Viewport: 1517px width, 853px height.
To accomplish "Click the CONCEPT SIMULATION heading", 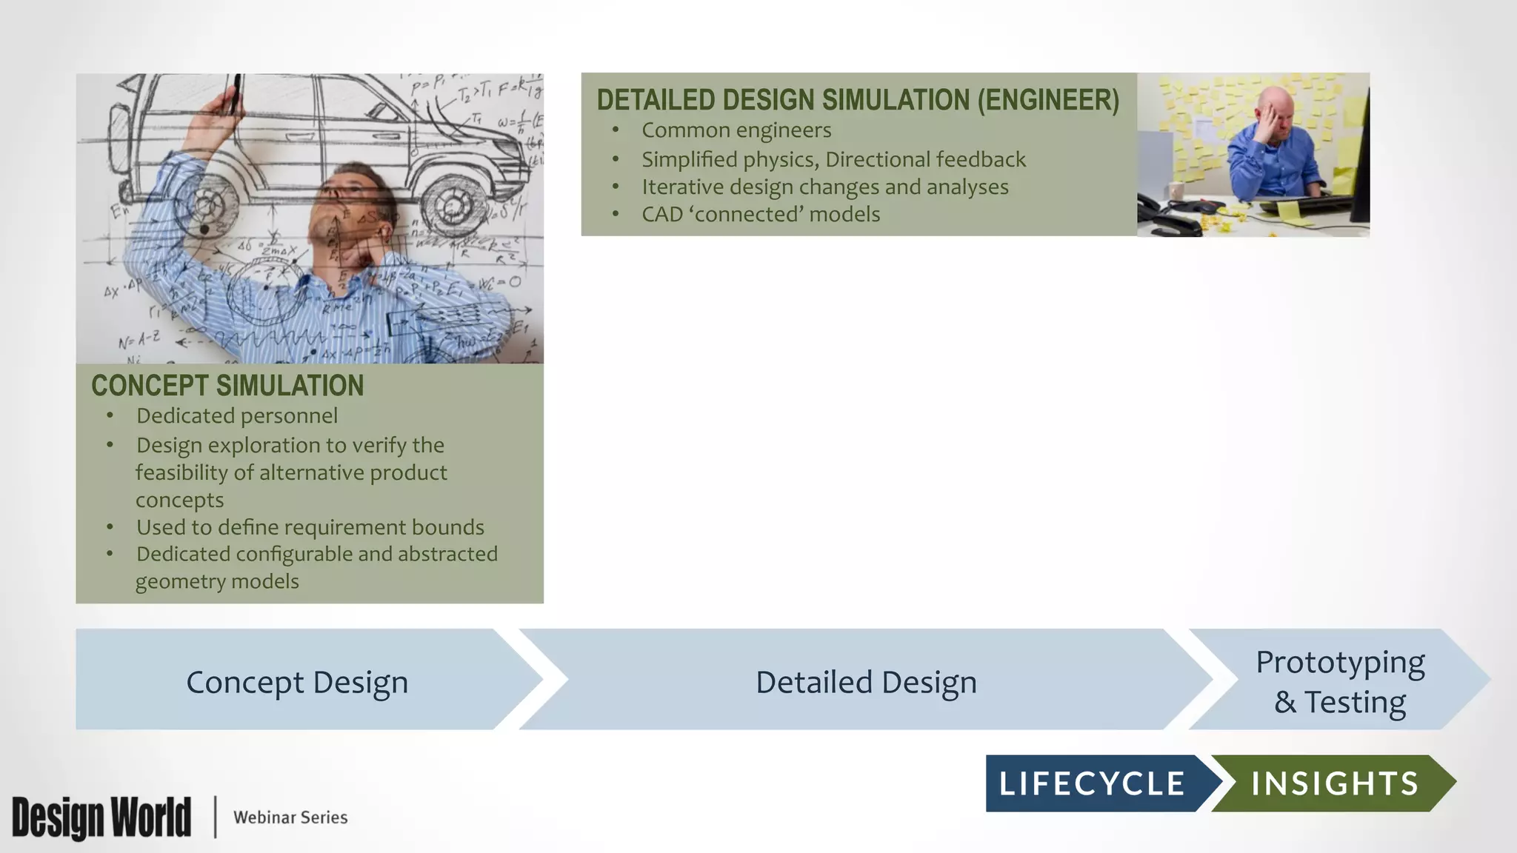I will pos(227,386).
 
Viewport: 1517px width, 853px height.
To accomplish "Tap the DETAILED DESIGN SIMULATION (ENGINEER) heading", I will pos(858,100).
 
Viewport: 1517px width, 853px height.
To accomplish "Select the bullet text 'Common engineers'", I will pos(736,130).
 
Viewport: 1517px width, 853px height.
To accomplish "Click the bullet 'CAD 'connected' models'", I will pos(761,215).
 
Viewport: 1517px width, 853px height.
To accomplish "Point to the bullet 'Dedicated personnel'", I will pos(237,416).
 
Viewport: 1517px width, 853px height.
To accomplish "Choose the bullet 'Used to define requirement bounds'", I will pos(310,527).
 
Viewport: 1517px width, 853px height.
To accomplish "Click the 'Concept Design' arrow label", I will pos(297,682).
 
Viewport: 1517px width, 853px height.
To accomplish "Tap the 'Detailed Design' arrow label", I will pos(866,682).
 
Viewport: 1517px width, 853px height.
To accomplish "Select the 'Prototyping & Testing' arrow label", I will pos(1340,682).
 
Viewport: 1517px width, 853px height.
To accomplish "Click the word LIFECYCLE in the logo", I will pos(1092,784).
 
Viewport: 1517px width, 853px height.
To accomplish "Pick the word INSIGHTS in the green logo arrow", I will pos(1335,784).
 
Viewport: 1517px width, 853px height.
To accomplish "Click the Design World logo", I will pos(101,817).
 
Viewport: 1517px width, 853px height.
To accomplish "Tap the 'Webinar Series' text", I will pos(290,817).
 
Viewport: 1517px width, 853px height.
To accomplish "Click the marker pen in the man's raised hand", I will pos(236,93).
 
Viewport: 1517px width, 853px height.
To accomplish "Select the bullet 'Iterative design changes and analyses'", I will pos(825,187).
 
